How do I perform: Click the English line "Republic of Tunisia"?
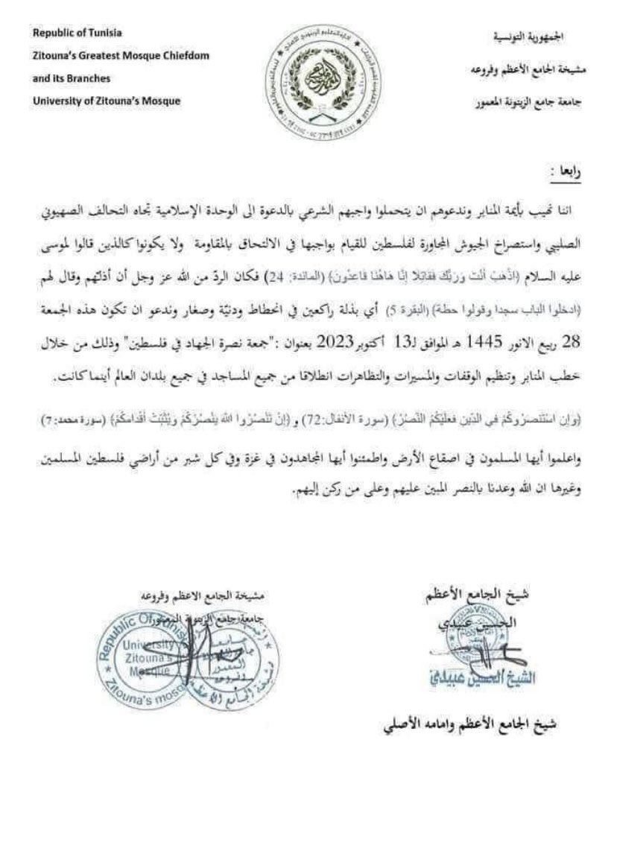tap(77, 34)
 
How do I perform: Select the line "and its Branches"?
tap(71, 78)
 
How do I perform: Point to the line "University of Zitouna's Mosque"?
tap(107, 101)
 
